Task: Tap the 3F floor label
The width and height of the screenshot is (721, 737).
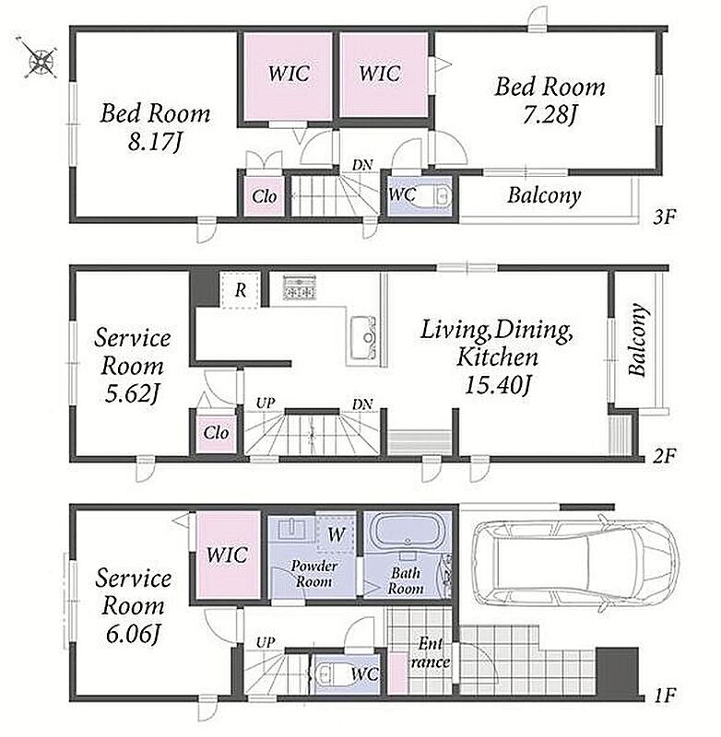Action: (665, 217)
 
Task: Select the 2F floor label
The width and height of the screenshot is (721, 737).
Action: (664, 455)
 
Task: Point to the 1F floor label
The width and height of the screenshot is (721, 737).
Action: (665, 696)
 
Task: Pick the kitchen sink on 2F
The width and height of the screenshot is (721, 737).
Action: (363, 336)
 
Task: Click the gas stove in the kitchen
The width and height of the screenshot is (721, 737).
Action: (299, 287)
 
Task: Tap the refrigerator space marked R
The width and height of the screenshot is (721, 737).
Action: (241, 289)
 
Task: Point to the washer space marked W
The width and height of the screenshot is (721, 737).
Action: (336, 534)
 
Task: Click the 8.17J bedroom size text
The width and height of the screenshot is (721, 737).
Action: (155, 141)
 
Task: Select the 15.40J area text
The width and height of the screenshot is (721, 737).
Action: (498, 385)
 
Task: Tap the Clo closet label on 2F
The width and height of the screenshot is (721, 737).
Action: (217, 432)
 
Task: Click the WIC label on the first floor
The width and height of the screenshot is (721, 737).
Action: (227, 556)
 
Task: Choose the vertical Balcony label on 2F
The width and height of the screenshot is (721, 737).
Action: (637, 339)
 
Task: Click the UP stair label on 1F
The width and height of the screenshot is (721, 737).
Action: (266, 642)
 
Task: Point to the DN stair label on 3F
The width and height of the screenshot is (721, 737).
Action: (362, 165)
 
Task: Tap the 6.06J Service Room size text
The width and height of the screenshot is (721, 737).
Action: (133, 635)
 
